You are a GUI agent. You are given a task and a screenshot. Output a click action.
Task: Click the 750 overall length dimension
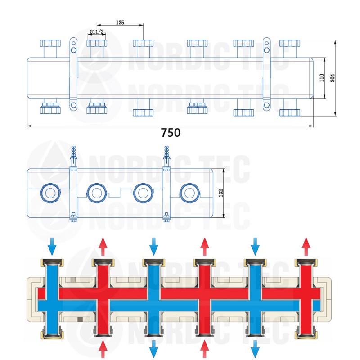[x=171, y=133]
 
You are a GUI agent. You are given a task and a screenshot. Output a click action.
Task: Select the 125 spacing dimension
[x=120, y=22]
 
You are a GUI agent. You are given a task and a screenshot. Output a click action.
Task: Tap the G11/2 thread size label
[x=96, y=32]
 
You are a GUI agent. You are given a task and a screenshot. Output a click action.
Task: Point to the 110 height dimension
[x=322, y=78]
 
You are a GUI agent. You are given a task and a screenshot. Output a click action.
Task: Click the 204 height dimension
[x=333, y=77]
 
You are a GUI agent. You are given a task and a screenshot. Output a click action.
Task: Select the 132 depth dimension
[x=221, y=193]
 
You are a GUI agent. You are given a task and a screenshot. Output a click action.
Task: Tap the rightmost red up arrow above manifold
[x=306, y=245]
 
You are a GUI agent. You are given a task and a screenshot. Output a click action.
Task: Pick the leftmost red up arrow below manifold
[x=103, y=349]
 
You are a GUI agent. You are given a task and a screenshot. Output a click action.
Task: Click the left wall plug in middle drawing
[x=74, y=155]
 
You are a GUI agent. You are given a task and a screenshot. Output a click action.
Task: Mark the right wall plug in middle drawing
[x=166, y=155]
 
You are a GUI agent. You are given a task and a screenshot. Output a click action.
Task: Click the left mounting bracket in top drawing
[x=73, y=74]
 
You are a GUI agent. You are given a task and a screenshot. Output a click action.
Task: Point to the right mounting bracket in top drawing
[x=267, y=74]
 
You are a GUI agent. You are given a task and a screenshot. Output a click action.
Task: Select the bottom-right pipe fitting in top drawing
[x=289, y=112]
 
